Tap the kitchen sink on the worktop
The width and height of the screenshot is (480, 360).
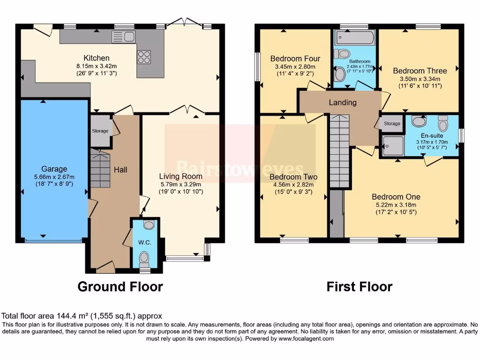click(x=123, y=37)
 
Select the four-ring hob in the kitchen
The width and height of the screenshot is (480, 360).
click(x=144, y=57)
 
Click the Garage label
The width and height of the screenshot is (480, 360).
click(x=54, y=169)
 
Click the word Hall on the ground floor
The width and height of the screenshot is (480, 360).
click(x=120, y=170)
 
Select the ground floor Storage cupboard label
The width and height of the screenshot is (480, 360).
click(x=100, y=131)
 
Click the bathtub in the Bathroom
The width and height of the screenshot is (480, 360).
click(x=354, y=37)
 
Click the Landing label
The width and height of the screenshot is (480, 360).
click(x=342, y=102)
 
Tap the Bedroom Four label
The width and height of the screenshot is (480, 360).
click(x=295, y=59)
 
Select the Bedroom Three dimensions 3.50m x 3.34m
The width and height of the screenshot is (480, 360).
click(x=420, y=79)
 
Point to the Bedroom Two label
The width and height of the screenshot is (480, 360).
click(x=293, y=177)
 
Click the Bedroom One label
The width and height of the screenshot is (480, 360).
click(x=396, y=196)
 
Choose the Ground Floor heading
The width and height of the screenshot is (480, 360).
click(x=120, y=286)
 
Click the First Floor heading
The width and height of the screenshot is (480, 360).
click(x=360, y=286)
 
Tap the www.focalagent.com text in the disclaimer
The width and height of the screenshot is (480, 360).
click(x=305, y=338)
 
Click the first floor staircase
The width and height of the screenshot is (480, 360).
click(x=340, y=150)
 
